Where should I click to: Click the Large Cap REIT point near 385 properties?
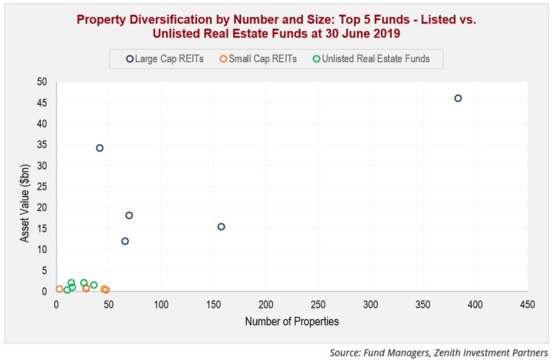pos(458,98)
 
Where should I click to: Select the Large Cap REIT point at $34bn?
pos(100,148)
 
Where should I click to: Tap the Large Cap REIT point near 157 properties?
pos(221,226)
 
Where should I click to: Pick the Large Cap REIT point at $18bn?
pos(129,215)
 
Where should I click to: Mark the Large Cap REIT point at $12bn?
pos(125,241)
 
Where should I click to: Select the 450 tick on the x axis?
pos(527,305)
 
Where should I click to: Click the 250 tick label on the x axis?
pos(318,305)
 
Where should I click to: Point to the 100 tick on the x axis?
pos(161,305)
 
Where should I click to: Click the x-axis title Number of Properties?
pos(292,321)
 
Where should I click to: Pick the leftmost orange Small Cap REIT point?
pos(59,289)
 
